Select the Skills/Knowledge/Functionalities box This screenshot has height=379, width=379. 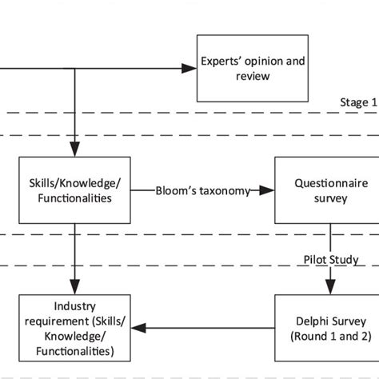[74, 190]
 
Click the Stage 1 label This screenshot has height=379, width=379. [357, 103]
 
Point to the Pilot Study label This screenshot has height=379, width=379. [330, 260]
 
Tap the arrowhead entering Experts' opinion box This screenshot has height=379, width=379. [189, 69]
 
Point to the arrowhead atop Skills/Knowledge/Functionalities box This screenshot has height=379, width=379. [74, 150]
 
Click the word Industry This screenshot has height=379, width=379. [74, 306]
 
